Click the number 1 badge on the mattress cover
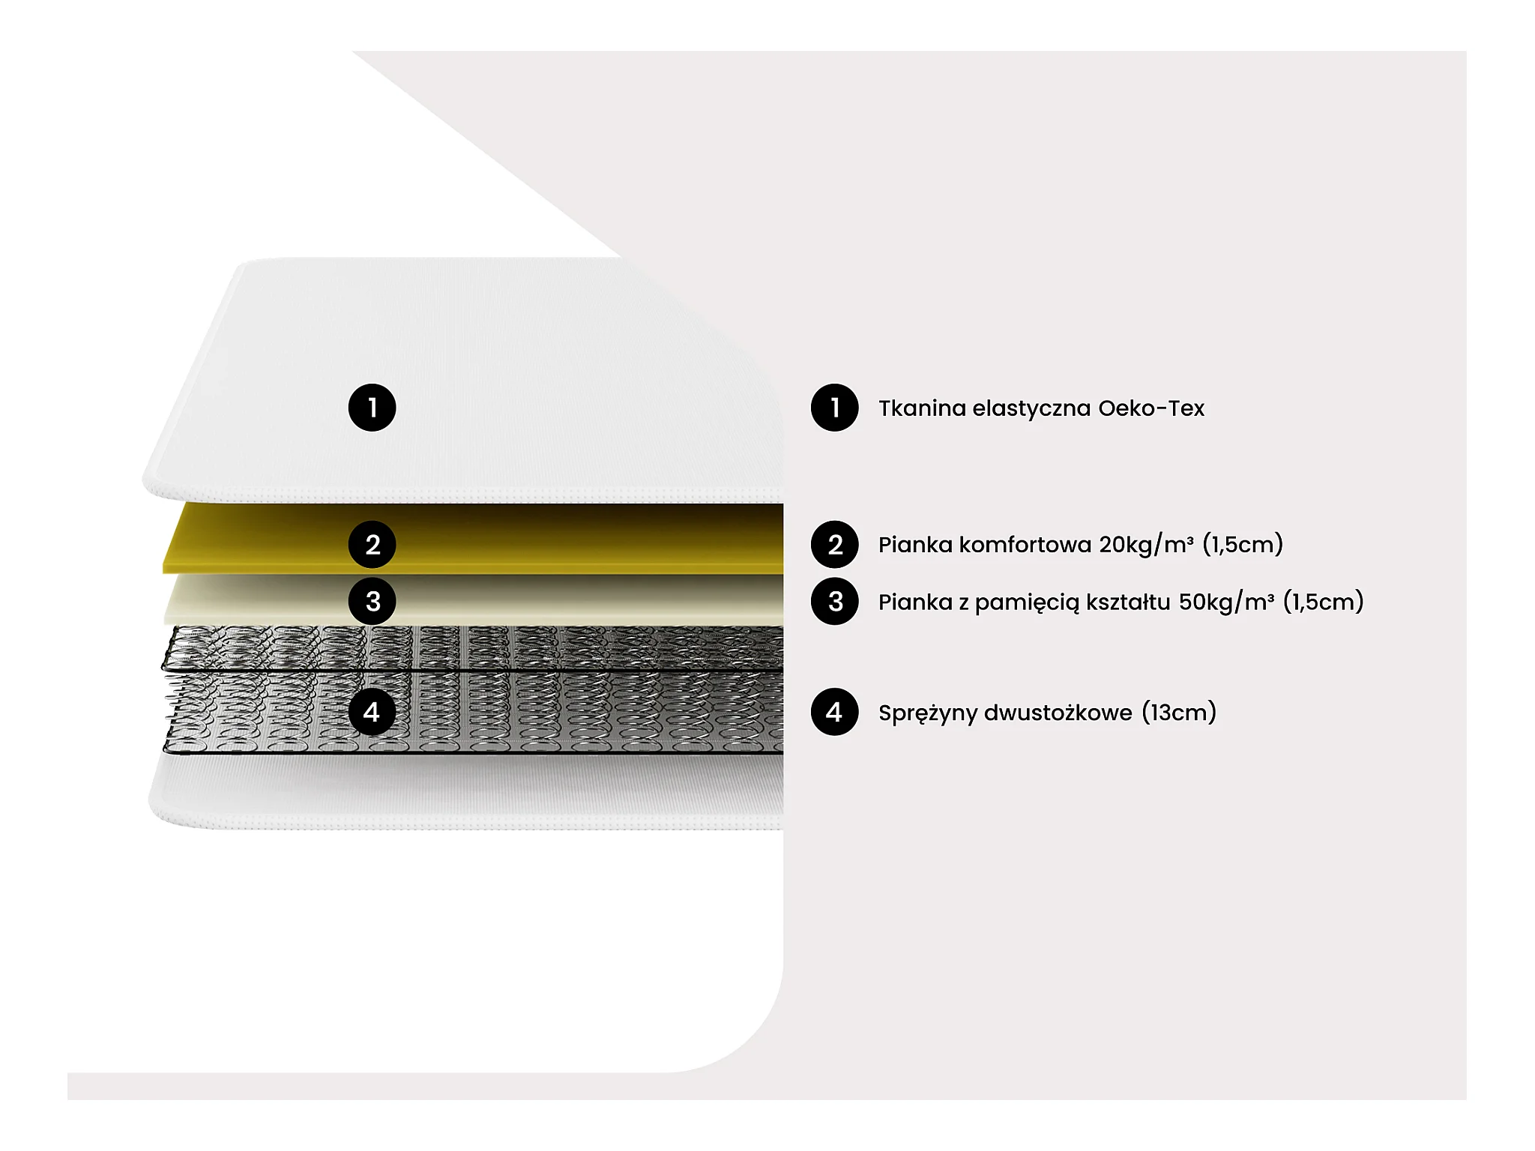372,408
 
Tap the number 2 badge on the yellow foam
372,545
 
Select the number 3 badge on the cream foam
372,601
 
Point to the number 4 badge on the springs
372,712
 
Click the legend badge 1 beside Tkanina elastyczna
834,408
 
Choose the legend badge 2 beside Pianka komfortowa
834,545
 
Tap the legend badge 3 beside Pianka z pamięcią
834,601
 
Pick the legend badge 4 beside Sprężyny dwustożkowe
834,712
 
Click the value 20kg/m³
1146,545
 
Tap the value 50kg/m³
1226,602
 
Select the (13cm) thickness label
1179,713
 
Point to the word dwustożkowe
1058,713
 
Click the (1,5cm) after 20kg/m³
1243,545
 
